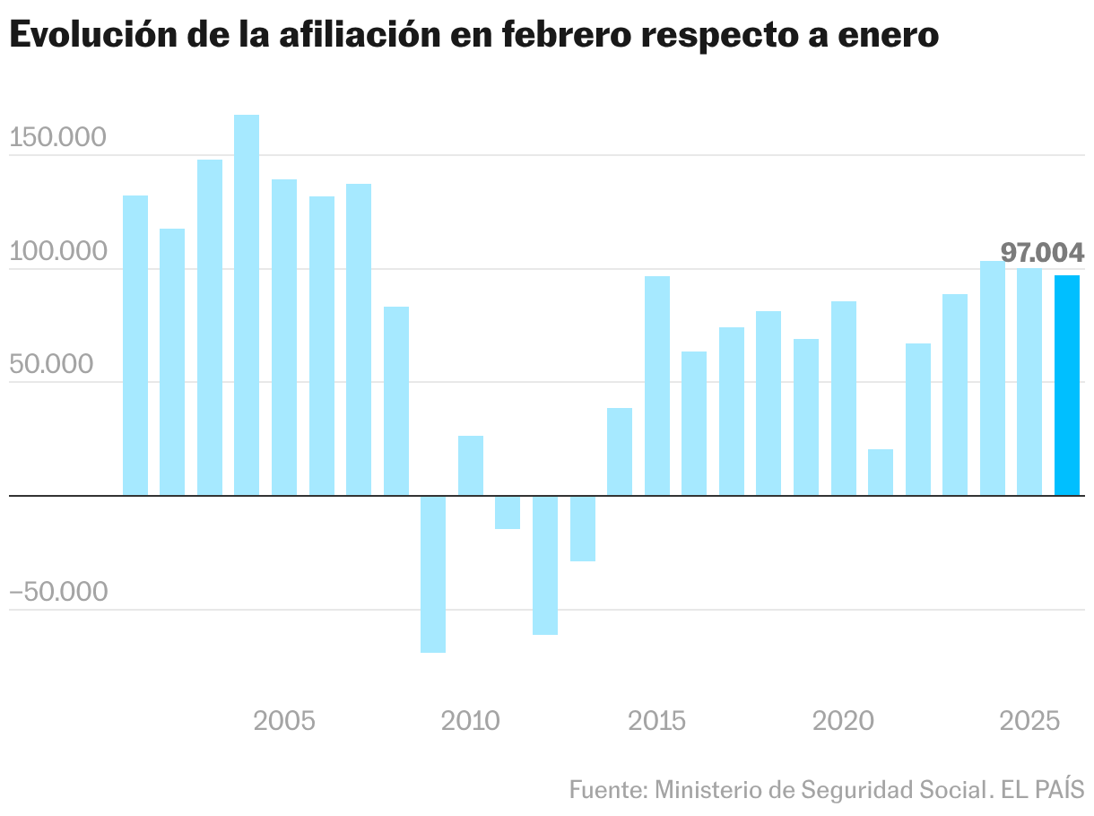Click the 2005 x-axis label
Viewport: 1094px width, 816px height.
pyautogui.click(x=284, y=720)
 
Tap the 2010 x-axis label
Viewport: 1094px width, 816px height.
pyautogui.click(x=471, y=720)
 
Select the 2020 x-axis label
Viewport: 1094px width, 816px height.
pyautogui.click(x=843, y=720)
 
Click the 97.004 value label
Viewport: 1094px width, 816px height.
pyautogui.click(x=1042, y=253)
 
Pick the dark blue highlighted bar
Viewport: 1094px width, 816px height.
pyautogui.click(x=1067, y=386)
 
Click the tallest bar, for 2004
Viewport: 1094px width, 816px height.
pyautogui.click(x=247, y=305)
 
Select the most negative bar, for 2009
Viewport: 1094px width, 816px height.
pyautogui.click(x=433, y=574)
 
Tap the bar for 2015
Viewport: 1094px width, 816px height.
pyautogui.click(x=657, y=386)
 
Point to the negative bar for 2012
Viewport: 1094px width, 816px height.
pyautogui.click(x=545, y=565)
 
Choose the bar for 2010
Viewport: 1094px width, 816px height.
pyautogui.click(x=471, y=465)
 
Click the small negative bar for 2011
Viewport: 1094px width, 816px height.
pyautogui.click(x=508, y=512)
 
